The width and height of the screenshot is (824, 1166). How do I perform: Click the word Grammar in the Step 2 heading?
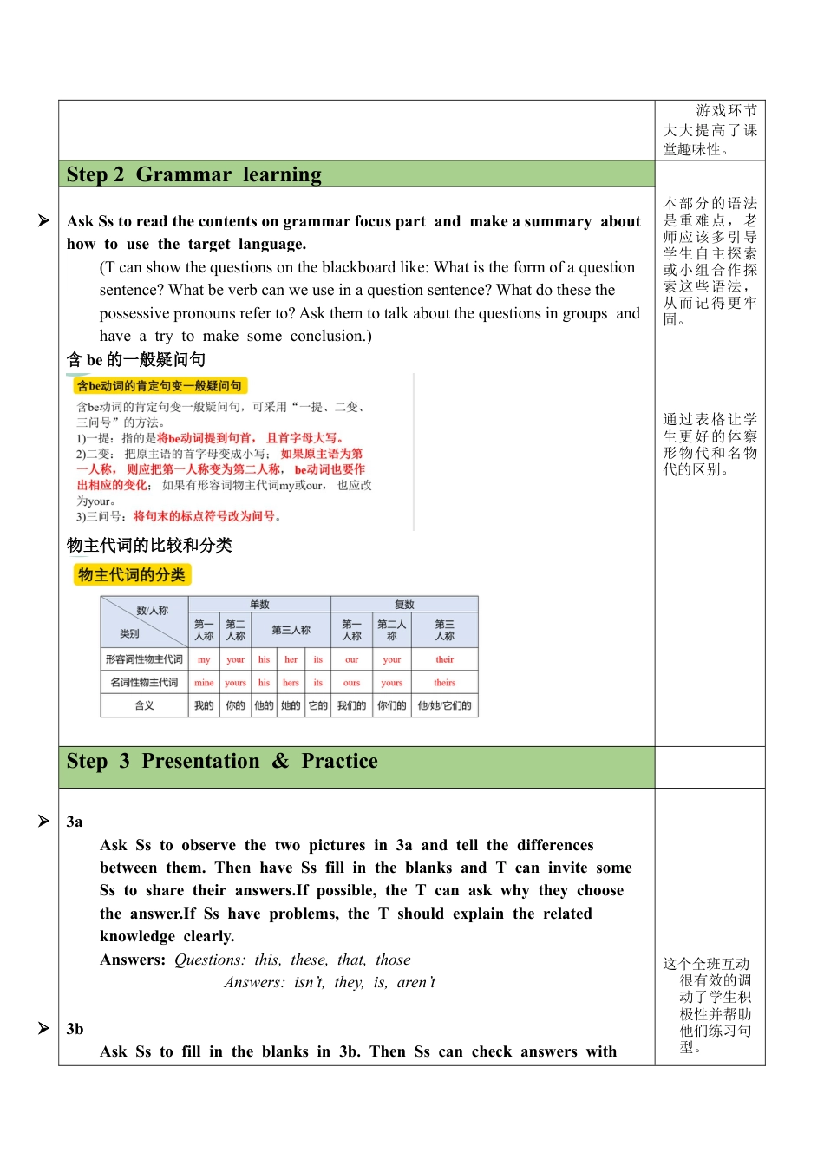[x=183, y=174]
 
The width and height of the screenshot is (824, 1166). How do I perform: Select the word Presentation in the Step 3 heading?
[x=200, y=761]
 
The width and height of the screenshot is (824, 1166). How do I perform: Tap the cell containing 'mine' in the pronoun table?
[x=204, y=683]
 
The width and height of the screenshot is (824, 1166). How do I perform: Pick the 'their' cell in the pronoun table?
[x=444, y=659]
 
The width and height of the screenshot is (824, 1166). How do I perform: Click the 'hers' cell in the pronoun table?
[x=291, y=683]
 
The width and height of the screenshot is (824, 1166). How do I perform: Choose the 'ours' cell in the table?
[x=351, y=683]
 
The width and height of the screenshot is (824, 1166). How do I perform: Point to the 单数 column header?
[x=259, y=605]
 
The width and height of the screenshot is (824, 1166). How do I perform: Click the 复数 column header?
[x=404, y=605]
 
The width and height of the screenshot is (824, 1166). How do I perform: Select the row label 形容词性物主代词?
[x=144, y=659]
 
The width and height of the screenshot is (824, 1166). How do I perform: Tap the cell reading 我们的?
[x=351, y=705]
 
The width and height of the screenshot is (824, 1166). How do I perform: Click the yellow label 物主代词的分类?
[x=132, y=574]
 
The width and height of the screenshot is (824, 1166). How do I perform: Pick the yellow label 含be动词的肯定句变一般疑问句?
[x=159, y=385]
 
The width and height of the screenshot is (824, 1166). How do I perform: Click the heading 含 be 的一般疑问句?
[x=136, y=359]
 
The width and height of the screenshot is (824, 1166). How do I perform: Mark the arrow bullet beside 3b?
[x=43, y=1028]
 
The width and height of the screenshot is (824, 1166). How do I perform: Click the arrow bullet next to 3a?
[x=43, y=821]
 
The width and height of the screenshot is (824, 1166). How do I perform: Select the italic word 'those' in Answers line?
[x=393, y=960]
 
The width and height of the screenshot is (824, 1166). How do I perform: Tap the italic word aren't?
[x=416, y=982]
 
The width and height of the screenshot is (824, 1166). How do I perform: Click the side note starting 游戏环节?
[x=710, y=130]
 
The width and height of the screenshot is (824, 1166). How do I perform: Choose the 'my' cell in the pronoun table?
[x=204, y=659]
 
